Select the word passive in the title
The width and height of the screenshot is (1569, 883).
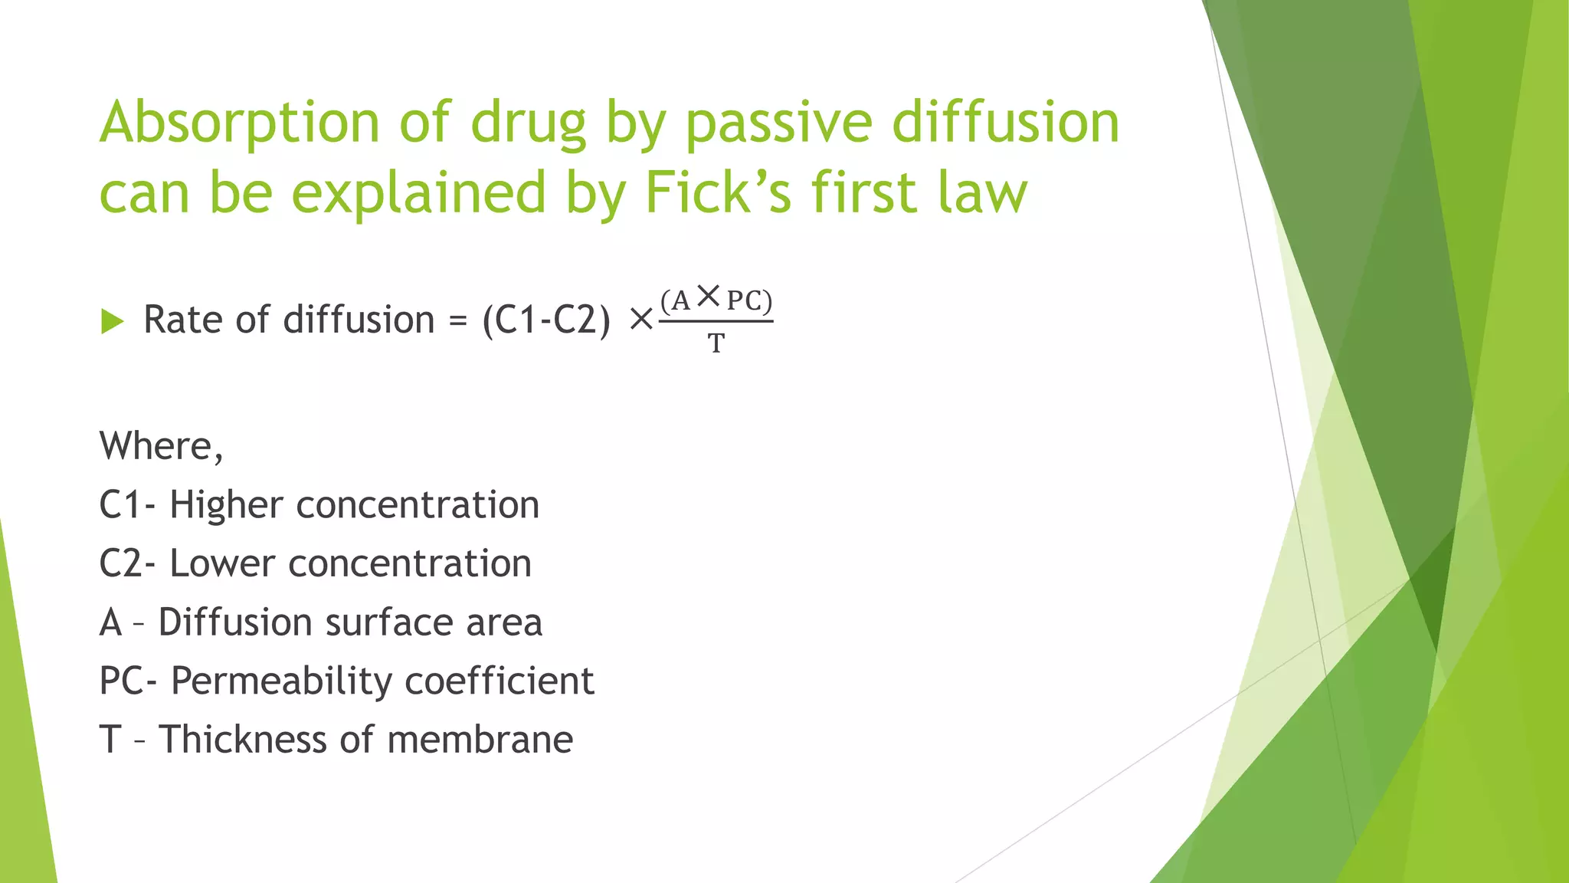(778, 123)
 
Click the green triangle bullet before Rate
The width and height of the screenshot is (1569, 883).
(112, 321)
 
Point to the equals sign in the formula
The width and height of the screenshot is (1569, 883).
(458, 321)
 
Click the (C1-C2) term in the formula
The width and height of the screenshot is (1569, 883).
(546, 320)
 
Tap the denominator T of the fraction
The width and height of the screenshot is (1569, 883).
(716, 344)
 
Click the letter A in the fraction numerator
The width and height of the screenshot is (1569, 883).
(681, 300)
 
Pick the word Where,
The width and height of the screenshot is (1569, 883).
(162, 445)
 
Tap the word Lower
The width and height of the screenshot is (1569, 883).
(221, 563)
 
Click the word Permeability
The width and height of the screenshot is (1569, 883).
(278, 681)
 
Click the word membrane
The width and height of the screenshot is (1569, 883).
(480, 740)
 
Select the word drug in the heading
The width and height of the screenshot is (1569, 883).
(528, 123)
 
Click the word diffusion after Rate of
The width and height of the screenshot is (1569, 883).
(359, 320)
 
